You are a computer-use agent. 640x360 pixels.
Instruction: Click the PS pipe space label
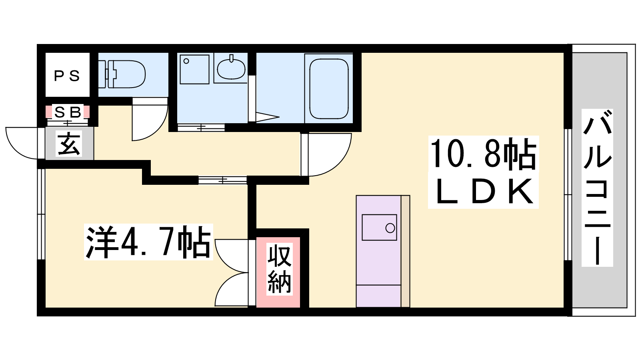pyautogui.click(x=67, y=76)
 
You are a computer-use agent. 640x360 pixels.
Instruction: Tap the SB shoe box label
pyautogui.click(x=68, y=112)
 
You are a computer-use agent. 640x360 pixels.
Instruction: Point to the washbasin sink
pyautogui.click(x=231, y=68)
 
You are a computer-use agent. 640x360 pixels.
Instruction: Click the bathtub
pyautogui.click(x=329, y=89)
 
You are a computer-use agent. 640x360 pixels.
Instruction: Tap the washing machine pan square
pyautogui.click(x=194, y=70)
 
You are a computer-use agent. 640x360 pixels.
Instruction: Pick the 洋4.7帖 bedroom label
pyautogui.click(x=148, y=242)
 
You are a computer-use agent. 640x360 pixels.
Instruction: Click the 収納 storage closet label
pyautogui.click(x=279, y=269)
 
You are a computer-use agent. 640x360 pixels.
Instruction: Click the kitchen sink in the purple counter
pyautogui.click(x=380, y=228)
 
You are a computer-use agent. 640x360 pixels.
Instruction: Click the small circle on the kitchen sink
pyautogui.click(x=390, y=228)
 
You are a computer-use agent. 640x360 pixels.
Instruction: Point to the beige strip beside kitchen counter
pyautogui.click(x=406, y=252)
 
